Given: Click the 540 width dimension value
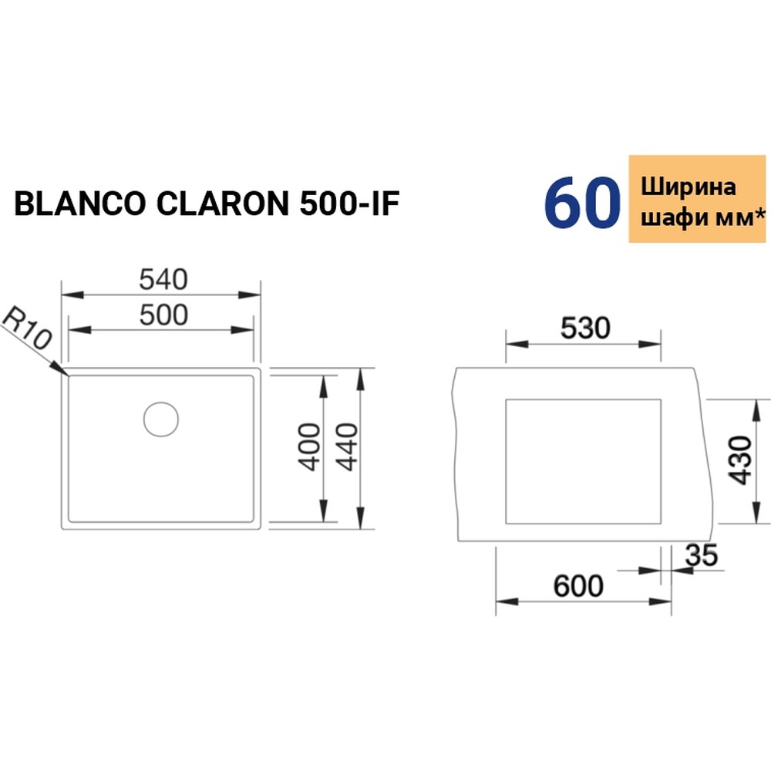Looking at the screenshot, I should [163, 280].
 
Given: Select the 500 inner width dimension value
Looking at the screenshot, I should [163, 315].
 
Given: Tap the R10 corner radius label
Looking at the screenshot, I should [25, 329].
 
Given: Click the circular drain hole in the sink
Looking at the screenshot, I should [161, 419].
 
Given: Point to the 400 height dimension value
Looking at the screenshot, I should [309, 447].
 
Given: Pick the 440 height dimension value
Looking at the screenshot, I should [345, 447].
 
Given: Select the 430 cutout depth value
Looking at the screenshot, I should [739, 460].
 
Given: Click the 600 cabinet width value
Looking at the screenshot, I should [578, 586].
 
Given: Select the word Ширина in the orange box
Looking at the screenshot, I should [689, 187].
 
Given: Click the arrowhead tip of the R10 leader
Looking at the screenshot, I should [66, 375].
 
